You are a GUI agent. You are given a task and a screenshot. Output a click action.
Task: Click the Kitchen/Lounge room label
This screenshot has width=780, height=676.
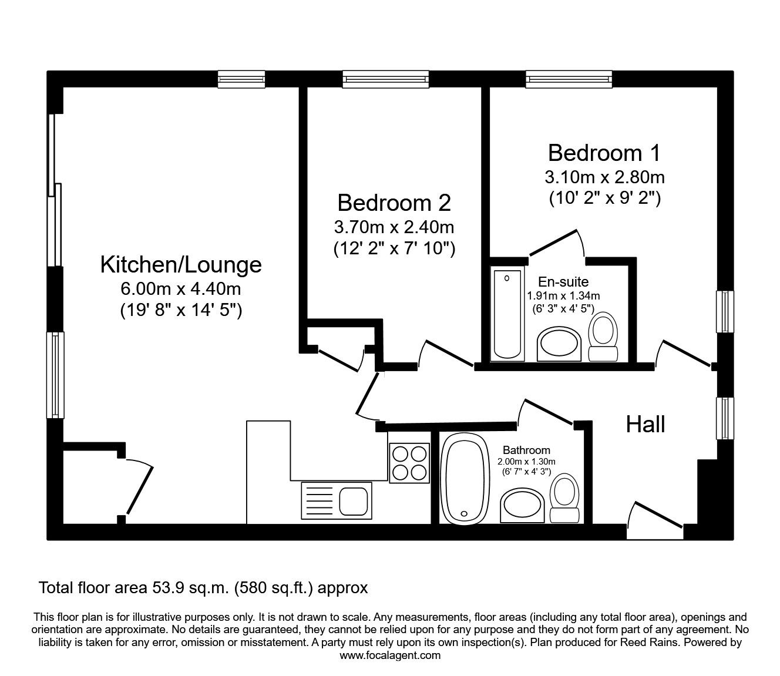[181, 264]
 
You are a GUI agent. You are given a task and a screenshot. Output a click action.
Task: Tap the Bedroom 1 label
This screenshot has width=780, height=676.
[604, 153]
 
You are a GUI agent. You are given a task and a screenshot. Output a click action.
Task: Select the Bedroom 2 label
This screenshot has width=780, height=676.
[394, 203]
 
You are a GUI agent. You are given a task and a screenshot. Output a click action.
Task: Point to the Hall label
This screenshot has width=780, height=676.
[645, 424]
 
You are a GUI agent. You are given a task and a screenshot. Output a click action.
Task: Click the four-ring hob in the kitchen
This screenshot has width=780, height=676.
[409, 462]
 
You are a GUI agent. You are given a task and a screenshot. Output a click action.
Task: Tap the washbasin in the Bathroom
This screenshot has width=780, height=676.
[523, 506]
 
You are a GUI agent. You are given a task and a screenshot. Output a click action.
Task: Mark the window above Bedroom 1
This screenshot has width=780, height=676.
[569, 79]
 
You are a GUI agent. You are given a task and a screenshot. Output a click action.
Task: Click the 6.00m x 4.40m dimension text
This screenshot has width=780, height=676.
[181, 289]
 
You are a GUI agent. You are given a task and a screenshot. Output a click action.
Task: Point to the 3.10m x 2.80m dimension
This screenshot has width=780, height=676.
[605, 176]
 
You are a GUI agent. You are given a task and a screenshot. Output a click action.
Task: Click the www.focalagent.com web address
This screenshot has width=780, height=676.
[390, 655]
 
